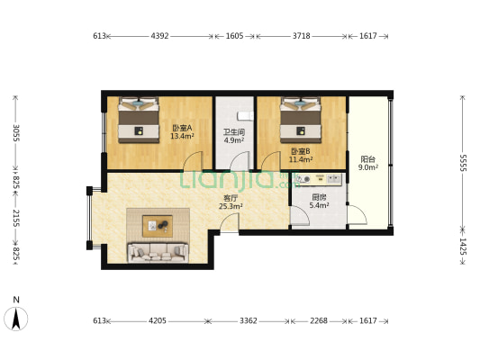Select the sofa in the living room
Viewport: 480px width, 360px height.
(x=158, y=251)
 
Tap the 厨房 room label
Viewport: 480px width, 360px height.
(x=319, y=196)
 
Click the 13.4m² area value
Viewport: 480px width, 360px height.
(x=183, y=137)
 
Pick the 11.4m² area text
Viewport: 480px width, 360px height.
(x=301, y=160)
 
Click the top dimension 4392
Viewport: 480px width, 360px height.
(x=159, y=36)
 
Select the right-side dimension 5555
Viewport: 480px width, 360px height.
(x=462, y=162)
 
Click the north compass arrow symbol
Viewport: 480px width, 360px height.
(x=14, y=319)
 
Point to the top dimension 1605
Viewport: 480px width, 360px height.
(x=234, y=36)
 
